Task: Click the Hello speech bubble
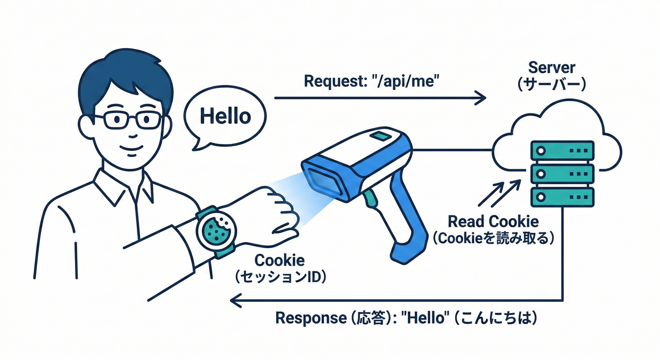pos(225,116)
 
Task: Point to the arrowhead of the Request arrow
pos(481,98)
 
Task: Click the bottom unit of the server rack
pos(562,196)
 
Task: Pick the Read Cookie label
pos(494,221)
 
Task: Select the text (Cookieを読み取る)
pos(494,238)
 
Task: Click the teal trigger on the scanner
pos(370,199)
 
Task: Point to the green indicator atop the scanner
pos(381,136)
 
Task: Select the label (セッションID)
pos(279,277)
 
